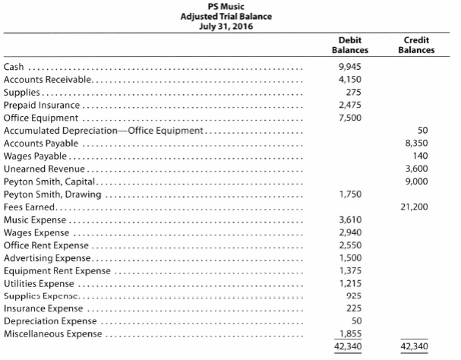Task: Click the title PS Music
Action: pos(226,7)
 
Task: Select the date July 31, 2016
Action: pos(226,27)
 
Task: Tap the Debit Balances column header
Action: pos(350,45)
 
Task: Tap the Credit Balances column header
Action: pos(416,45)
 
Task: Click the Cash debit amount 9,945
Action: pos(350,67)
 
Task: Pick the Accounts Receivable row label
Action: pos(47,80)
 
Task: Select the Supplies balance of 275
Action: pos(353,93)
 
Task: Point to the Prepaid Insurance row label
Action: pos(42,105)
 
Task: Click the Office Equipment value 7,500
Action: pos(350,118)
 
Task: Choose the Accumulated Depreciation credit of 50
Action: pos(422,131)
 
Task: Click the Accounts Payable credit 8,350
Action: pos(417,144)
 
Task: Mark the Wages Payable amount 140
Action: pos(421,156)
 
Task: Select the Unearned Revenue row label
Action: pos(44,169)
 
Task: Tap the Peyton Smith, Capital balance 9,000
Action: pos(417,182)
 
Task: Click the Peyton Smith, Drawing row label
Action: pos(52,194)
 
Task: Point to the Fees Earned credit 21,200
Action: pos(414,207)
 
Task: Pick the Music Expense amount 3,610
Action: pos(350,219)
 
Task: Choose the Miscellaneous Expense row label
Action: pos(53,334)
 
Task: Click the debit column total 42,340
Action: pos(348,346)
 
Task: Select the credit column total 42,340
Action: pos(414,346)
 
